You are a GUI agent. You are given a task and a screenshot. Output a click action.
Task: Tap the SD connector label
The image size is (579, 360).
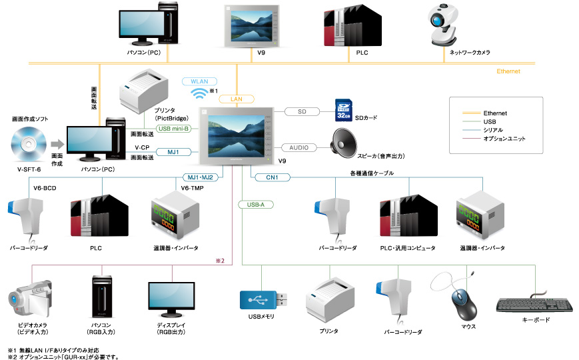pyautogui.click(x=302, y=111)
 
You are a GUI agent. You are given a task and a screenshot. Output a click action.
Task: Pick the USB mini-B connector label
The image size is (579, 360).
pyautogui.click(x=175, y=129)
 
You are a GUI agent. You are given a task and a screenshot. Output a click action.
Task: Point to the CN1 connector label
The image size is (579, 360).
pyautogui.click(x=272, y=177)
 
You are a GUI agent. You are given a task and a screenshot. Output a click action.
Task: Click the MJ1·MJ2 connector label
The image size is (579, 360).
pyautogui.click(x=203, y=177)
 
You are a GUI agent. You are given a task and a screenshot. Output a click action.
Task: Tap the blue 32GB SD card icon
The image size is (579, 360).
pyautogui.click(x=342, y=109)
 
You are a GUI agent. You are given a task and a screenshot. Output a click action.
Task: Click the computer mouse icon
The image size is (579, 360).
pyautogui.click(x=464, y=303)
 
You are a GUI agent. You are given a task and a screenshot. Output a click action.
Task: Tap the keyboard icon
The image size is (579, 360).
pyautogui.click(x=534, y=305)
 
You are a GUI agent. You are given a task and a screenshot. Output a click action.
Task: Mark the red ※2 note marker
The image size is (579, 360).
pyautogui.click(x=219, y=259)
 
